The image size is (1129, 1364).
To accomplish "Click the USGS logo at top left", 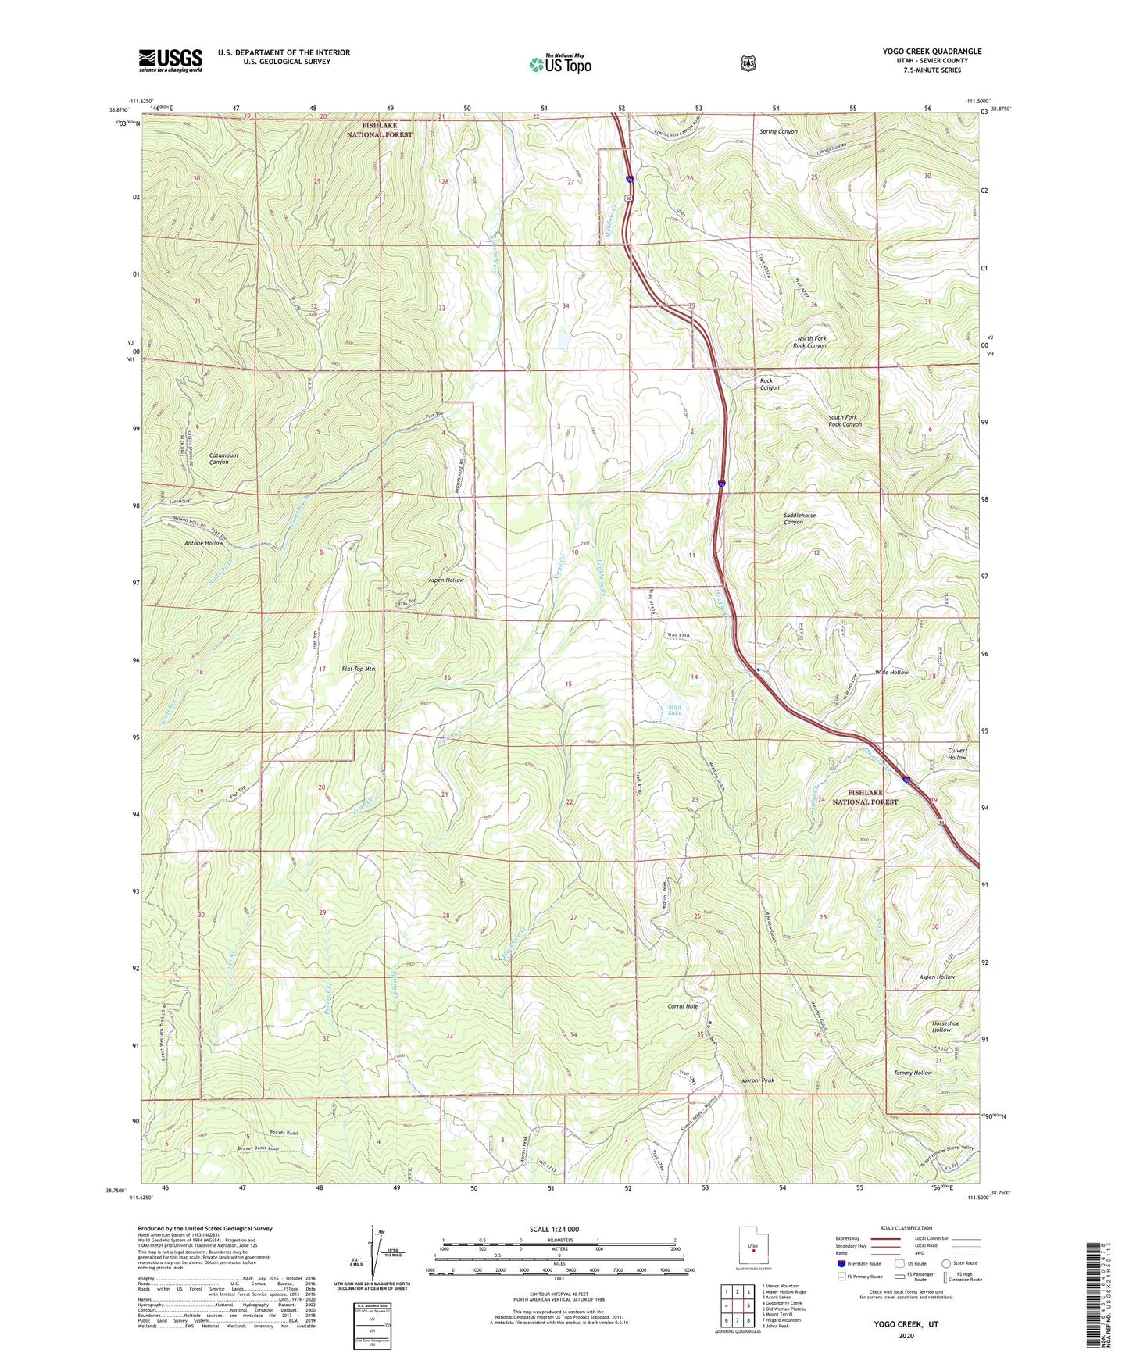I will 170,60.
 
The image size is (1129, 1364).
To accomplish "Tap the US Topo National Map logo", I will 559,63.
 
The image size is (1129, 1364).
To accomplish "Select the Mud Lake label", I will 674,709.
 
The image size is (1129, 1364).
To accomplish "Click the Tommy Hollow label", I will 912,1073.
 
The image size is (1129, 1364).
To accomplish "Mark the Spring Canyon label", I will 778,131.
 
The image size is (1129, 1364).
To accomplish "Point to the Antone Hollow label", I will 203,542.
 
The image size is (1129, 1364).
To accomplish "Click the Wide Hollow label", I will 891,672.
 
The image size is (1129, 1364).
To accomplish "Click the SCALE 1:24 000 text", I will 554,1229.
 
